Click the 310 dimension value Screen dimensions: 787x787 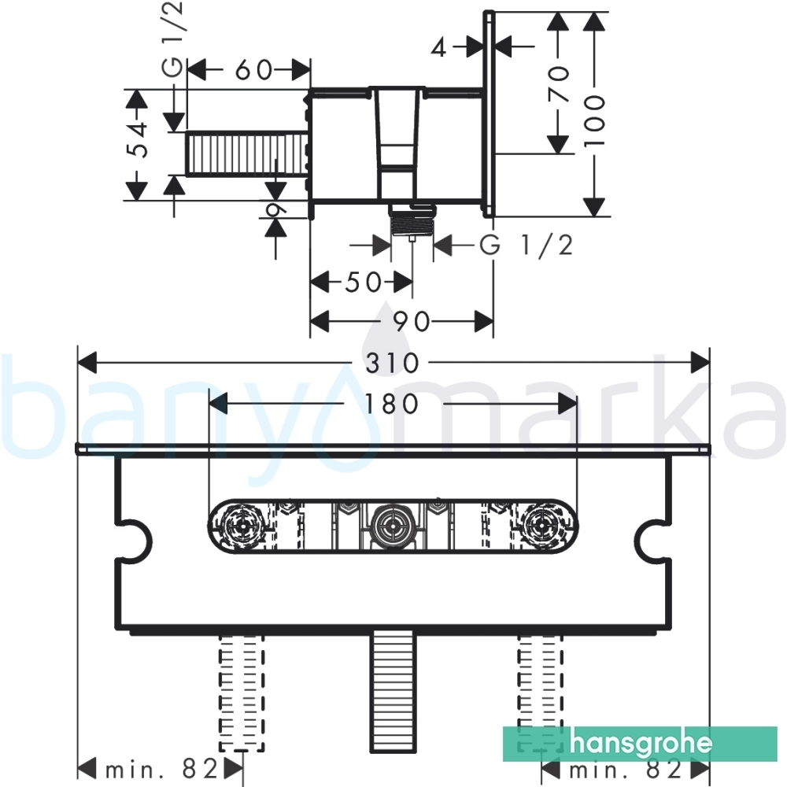tap(392, 363)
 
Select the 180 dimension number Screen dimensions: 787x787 tap(392, 404)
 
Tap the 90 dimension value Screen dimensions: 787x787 tap(411, 322)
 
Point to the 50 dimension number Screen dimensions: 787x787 tap(364, 282)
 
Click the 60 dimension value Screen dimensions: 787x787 tap(254, 70)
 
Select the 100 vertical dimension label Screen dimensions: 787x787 tap(595, 120)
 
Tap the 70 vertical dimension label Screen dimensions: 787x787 tap(559, 84)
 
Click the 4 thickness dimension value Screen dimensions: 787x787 tap(438, 47)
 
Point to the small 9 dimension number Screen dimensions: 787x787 tap(275, 207)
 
